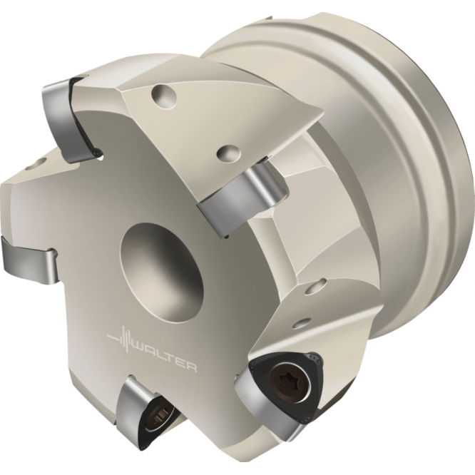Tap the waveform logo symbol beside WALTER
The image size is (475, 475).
click(x=121, y=339)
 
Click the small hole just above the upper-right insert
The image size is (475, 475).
click(x=227, y=152)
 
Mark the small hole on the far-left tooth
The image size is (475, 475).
click(x=31, y=166)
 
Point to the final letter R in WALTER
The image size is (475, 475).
click(x=191, y=366)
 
